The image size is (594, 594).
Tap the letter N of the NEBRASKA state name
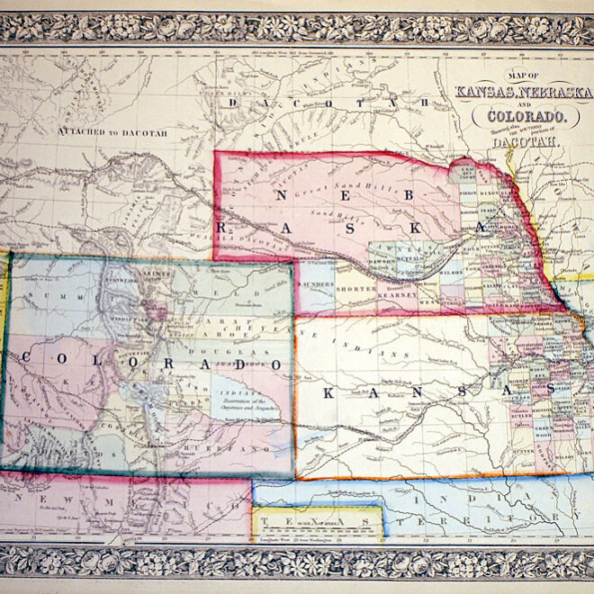tap(283, 195)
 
